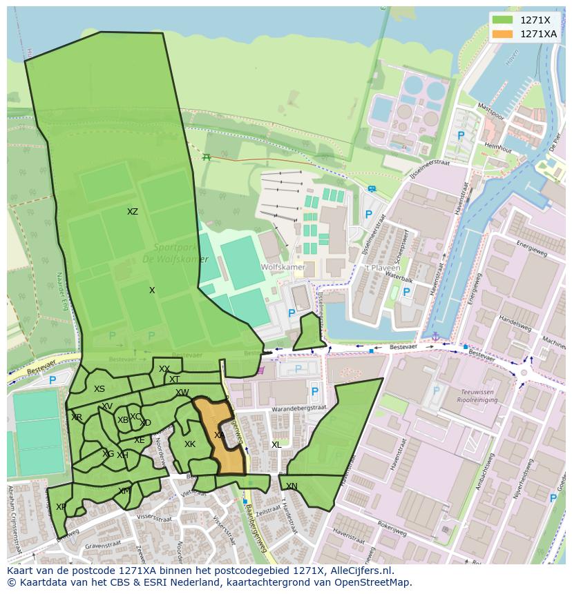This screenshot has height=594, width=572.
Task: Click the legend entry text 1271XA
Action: pos(538,34)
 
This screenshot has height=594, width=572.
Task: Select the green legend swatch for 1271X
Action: pos(503,20)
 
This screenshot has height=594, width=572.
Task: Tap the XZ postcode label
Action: pos(133,212)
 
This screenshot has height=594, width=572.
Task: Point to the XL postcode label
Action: pos(276,445)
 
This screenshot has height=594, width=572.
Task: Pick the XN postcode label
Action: pos(292,486)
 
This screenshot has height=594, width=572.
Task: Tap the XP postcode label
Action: pos(61,507)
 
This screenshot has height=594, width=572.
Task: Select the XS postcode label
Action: pos(99,389)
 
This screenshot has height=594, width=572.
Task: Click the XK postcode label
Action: pos(190,444)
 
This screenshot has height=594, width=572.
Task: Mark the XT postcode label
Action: pos(174,379)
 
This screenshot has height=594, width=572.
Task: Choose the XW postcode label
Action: pos(182,393)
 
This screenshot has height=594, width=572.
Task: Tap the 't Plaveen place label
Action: pos(378,267)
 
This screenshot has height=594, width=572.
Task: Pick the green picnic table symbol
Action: pos(206,157)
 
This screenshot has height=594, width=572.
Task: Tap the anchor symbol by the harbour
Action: pos(435,336)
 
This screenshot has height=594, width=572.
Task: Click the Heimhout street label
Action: pos(497,148)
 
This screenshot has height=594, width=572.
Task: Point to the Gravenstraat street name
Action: pos(103,545)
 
